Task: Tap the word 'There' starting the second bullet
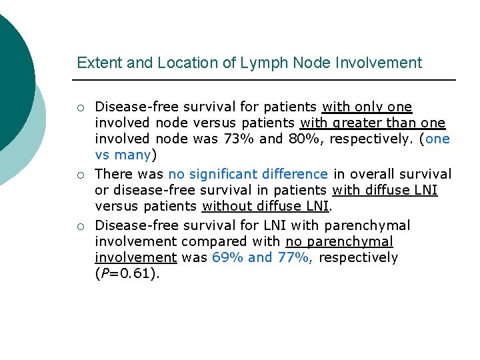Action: pos(114,175)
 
